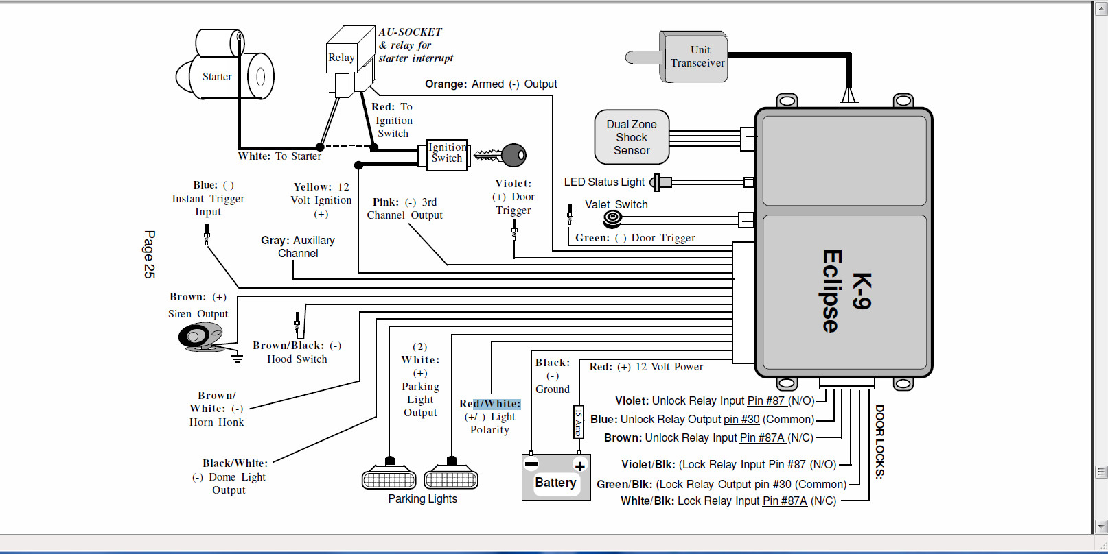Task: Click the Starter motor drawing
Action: click(224, 69)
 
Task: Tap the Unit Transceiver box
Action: click(695, 57)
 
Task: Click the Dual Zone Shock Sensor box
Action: click(632, 137)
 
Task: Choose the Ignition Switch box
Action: click(446, 154)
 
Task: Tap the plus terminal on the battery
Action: click(579, 466)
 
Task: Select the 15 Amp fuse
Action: click(578, 421)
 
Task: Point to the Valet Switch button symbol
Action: click(612, 219)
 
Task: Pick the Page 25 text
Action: click(149, 254)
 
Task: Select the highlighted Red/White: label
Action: click(490, 404)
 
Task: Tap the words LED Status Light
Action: click(604, 182)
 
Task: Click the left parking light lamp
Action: click(389, 477)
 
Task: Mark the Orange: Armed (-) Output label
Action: click(491, 84)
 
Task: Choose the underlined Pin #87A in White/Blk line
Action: click(785, 501)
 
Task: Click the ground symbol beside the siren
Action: click(237, 357)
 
